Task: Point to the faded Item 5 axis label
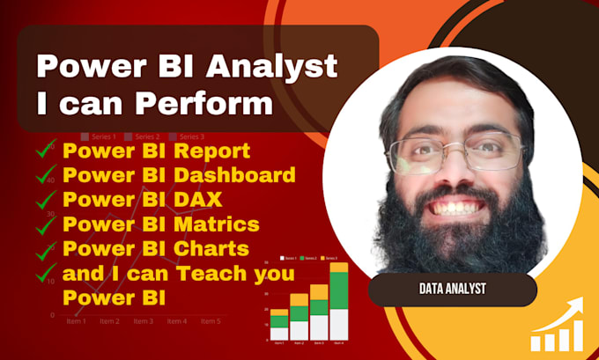click(211, 322)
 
